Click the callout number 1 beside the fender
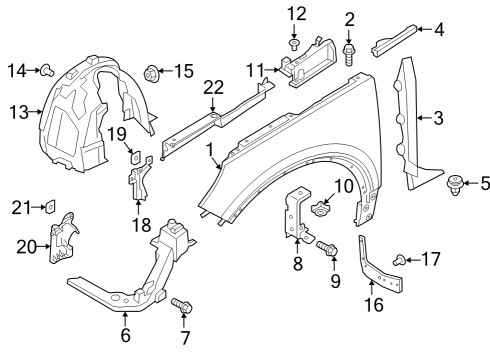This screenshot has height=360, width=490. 211,151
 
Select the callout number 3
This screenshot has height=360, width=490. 437,120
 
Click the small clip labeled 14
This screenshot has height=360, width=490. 47,69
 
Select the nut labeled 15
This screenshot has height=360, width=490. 152,71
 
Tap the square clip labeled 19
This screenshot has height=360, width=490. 136,154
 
